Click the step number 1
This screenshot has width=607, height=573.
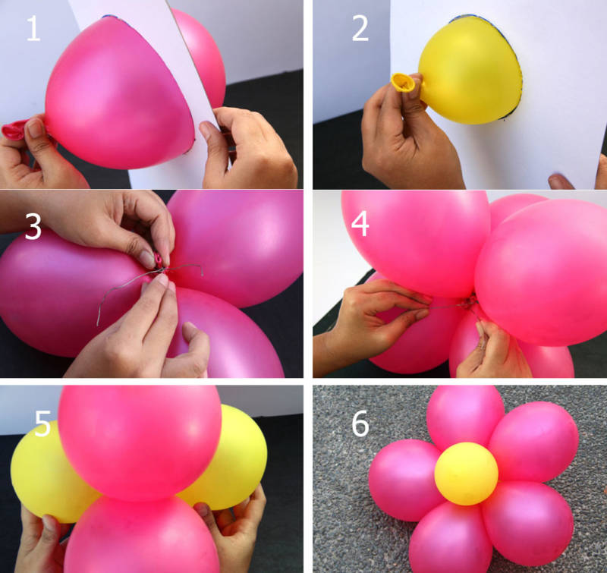click(33, 28)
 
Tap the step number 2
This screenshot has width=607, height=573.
click(360, 28)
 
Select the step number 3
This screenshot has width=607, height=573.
click(33, 227)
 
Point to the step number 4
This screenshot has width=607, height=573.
click(360, 224)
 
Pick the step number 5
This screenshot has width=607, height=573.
click(42, 423)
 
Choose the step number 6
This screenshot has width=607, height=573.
click(360, 423)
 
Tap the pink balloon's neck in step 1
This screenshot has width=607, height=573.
click(15, 130)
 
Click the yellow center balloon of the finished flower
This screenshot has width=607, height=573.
click(466, 474)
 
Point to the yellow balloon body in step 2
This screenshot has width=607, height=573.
click(470, 71)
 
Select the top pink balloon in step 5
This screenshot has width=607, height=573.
click(140, 442)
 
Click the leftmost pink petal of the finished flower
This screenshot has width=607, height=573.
click(403, 480)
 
